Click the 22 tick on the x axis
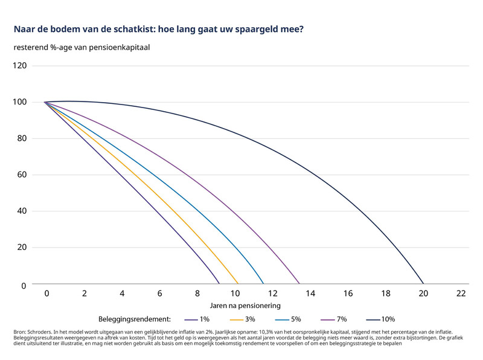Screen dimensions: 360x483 pyautogui.click(x=461, y=293)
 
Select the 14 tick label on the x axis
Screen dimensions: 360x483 pyautogui.click(x=310, y=293)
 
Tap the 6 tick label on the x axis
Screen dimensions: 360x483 pyautogui.click(x=159, y=293)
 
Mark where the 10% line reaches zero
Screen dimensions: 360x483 pyautogui.click(x=423, y=284)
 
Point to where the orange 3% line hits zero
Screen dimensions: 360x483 pyautogui.click(x=238, y=284)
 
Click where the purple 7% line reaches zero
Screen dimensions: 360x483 pyautogui.click(x=299, y=284)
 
